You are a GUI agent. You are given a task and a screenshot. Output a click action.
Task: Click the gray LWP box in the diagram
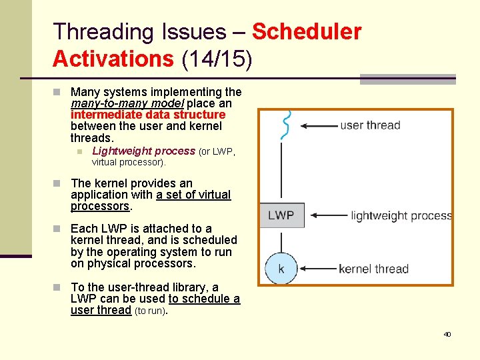point(281,215)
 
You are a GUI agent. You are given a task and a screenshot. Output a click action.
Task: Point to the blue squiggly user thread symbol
point(286,125)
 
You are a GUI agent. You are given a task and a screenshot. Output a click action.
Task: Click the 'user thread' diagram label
point(370,125)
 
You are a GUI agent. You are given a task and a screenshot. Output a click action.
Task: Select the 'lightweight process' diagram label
point(401,215)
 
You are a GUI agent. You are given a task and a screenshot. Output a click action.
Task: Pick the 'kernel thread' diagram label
point(373,269)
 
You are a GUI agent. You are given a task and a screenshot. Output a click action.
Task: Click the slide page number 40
point(447,334)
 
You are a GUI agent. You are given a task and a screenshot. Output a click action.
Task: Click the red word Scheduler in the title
point(307,31)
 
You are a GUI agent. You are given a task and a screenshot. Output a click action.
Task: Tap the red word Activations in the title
point(113,59)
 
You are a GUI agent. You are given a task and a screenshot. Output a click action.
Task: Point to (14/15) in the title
point(217,59)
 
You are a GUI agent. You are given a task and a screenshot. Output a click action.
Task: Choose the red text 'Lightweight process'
point(143,151)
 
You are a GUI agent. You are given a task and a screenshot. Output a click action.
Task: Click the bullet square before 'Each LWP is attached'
point(57,229)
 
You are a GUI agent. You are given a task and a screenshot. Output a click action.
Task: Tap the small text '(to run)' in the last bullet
point(151,311)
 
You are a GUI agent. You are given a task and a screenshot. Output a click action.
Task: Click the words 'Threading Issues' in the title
point(139,31)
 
